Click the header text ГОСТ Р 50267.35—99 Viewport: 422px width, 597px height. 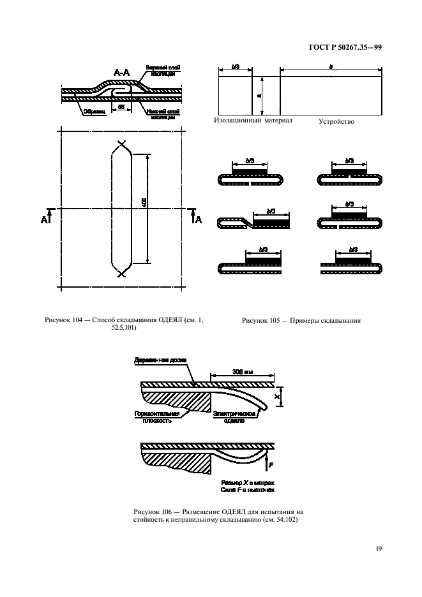pyautogui.click(x=345, y=47)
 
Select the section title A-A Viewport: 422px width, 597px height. pyautogui.click(x=123, y=74)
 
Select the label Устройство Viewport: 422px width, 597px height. pyautogui.click(x=336, y=121)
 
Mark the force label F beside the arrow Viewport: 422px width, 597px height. pyautogui.click(x=270, y=466)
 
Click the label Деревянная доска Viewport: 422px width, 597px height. pyautogui.click(x=160, y=361)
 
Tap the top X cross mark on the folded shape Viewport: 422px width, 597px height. pyautogui.click(x=120, y=144)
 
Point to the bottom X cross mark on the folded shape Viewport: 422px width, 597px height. pyautogui.click(x=120, y=273)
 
